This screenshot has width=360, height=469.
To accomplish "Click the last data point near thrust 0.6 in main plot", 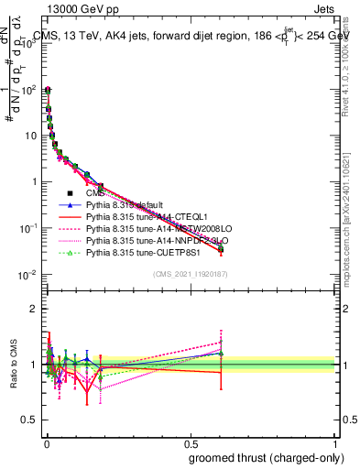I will pyautogui.click(x=220, y=248).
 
